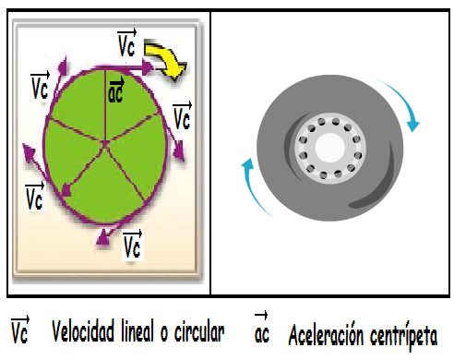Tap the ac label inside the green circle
(117, 91)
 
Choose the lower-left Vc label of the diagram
(35, 195)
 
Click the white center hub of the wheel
(327, 148)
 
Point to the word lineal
(151, 330)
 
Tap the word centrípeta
(402, 333)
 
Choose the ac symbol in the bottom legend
(261, 331)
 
